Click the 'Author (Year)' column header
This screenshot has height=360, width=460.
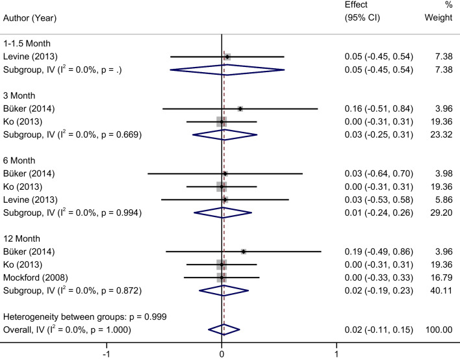[32, 18]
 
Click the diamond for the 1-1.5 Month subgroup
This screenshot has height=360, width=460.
[227, 70]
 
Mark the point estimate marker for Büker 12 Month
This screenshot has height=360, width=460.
[244, 251]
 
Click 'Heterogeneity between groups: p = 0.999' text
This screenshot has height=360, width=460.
[85, 316]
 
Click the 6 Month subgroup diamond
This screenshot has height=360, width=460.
[224, 212]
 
